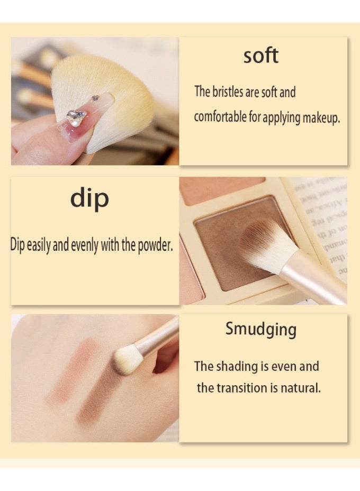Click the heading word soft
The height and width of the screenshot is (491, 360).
(x=260, y=56)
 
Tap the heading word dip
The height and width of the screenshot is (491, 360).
(x=89, y=198)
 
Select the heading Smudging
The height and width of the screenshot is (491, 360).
(x=260, y=329)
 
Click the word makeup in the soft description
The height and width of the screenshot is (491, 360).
(x=321, y=117)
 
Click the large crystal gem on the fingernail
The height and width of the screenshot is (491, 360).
(x=76, y=117)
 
